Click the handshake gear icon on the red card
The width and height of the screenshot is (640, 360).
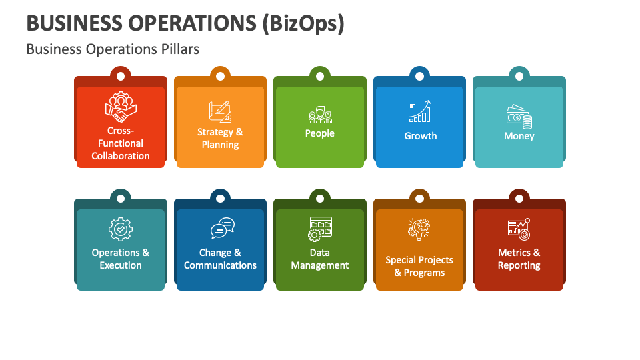120,107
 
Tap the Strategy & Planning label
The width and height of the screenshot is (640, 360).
220,138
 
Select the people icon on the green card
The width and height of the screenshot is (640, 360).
320,115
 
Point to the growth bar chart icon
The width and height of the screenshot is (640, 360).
420,112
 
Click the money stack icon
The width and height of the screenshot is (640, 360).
519,116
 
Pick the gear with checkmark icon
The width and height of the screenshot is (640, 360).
121,229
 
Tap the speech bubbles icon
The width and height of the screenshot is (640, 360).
221,229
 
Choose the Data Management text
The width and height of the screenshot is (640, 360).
320,259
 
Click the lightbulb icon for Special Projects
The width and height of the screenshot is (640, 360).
419,229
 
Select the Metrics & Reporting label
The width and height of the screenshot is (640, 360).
519,259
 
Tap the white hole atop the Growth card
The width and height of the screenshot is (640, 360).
419,76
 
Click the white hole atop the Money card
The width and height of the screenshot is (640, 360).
519,76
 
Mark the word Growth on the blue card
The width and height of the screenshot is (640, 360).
420,136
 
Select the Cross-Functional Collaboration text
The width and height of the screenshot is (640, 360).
121,143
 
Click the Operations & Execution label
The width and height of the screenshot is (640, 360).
121,259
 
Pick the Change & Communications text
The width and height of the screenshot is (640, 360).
220,259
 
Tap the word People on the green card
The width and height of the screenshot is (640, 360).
320,133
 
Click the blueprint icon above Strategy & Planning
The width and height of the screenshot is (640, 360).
220,111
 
